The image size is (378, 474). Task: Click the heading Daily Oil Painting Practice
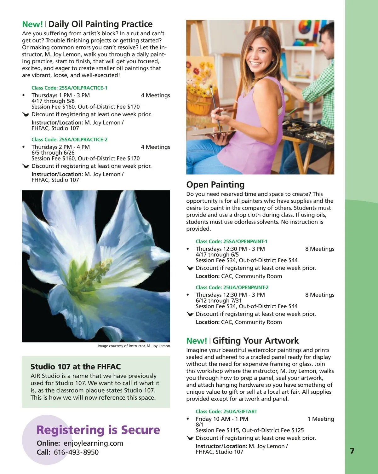[x=100, y=24]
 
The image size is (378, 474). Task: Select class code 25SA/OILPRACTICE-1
[x=69, y=88]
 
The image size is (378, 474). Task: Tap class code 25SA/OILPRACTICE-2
[x=69, y=140]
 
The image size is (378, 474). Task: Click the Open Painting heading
[x=215, y=185]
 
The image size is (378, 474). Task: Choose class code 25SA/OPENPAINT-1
[x=232, y=241]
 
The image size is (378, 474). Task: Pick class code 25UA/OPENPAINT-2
[x=232, y=287]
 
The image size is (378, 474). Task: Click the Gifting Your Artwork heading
[x=255, y=341]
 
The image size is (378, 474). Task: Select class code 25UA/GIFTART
[x=226, y=412]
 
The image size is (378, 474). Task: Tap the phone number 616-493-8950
[x=76, y=452]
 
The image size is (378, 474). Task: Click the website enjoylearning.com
[x=93, y=443]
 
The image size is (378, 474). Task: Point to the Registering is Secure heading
[x=98, y=430]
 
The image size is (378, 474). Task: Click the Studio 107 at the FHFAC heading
[x=76, y=367]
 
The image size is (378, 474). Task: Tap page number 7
[x=352, y=451]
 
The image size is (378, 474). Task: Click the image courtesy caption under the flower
[x=134, y=346]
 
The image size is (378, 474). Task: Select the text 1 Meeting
[x=321, y=419]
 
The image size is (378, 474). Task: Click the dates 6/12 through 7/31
[x=219, y=301]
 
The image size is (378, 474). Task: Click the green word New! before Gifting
[x=197, y=341]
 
